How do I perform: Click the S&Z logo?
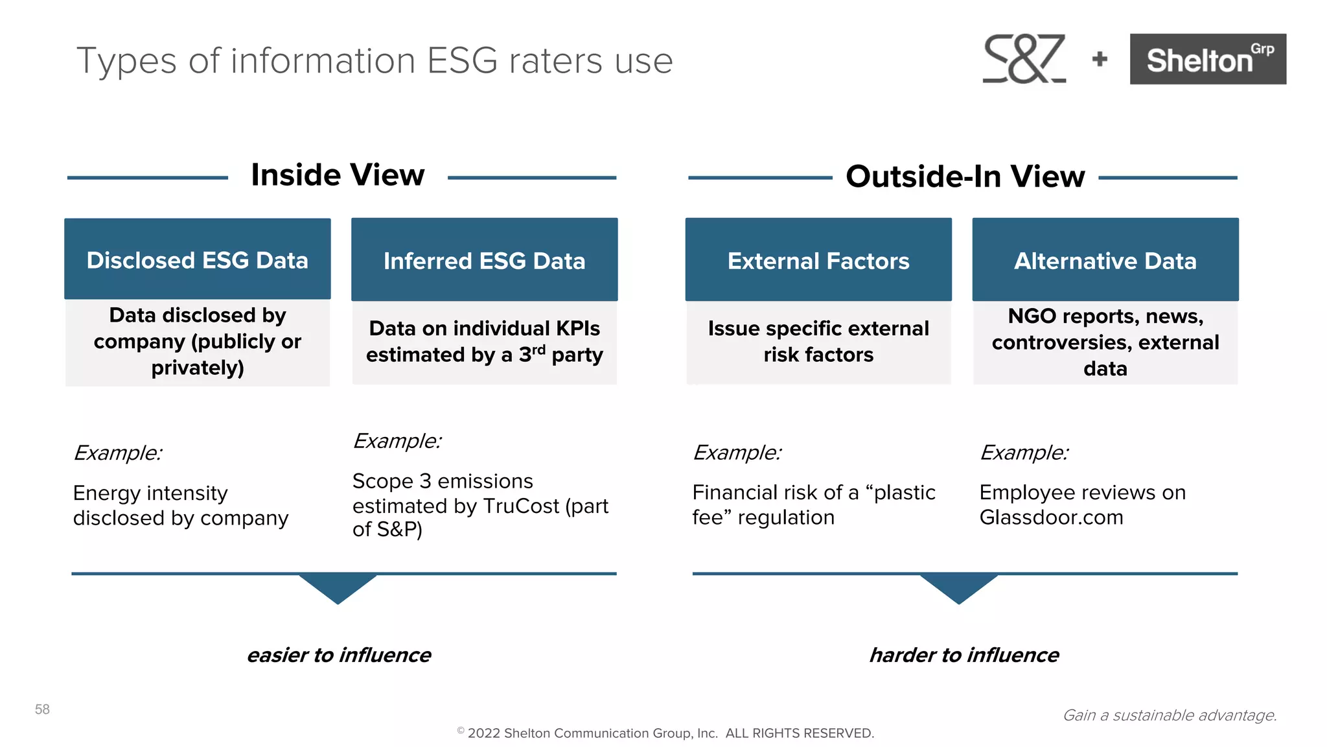coord(1024,59)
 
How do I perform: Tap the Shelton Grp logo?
coord(1207,59)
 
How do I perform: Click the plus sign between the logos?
coord(1100,60)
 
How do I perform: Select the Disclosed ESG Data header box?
coord(198,259)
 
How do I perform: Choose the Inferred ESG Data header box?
coord(484,260)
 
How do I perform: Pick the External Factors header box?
coord(818,260)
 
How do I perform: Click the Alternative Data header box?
coord(1105,260)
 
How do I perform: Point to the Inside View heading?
coord(338,175)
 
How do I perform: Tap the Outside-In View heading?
coord(965,176)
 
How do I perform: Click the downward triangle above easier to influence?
coord(338,587)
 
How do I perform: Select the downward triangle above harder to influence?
coord(959,587)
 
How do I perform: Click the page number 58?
coord(42,709)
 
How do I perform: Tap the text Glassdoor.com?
coord(1051,517)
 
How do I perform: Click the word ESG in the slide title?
coord(462,61)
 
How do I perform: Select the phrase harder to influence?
coord(964,655)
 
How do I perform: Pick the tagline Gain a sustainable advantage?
coord(1170,715)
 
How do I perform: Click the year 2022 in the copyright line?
coord(483,733)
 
